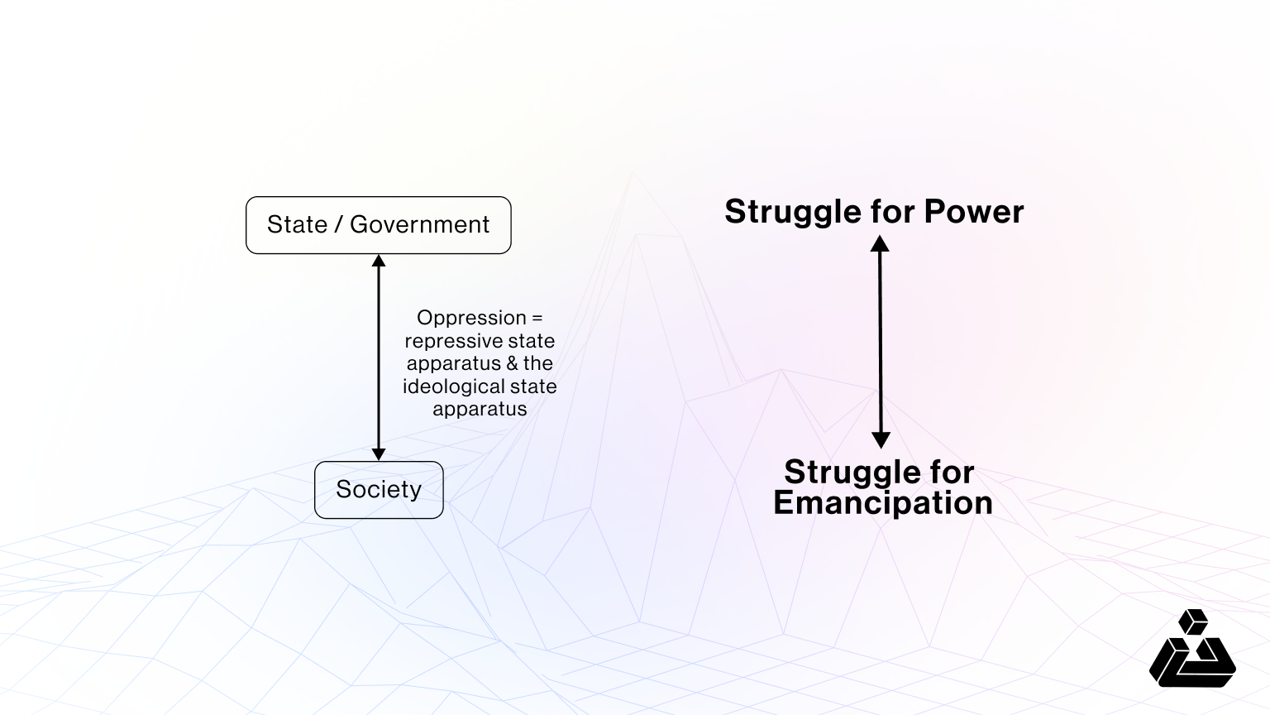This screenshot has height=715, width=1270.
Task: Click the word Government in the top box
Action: pos(419,224)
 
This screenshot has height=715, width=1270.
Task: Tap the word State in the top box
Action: pos(297,224)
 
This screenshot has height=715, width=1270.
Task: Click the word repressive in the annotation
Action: pos(445,341)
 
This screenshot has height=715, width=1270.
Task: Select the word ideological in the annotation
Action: pos(451,386)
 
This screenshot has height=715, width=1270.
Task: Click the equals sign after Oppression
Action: pos(537,318)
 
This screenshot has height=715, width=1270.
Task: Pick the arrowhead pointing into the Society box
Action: pos(379,453)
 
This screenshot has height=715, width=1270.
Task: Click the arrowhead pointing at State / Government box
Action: pos(379,261)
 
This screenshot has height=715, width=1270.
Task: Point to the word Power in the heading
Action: pos(973,212)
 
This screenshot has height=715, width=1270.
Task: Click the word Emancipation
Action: pos(882,502)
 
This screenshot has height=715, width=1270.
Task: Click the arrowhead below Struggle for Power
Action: pos(880,243)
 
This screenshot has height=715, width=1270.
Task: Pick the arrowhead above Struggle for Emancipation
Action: pos(881,440)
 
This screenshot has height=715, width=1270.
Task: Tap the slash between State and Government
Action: pos(339,224)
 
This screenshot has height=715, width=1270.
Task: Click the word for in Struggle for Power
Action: pos(892,212)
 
